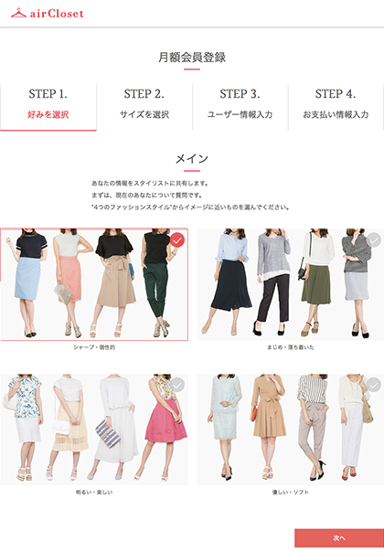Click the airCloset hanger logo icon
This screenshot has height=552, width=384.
[18, 13]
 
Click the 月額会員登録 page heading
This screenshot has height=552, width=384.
[192, 57]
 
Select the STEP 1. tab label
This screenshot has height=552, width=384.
[48, 93]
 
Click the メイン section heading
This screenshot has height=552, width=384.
[192, 159]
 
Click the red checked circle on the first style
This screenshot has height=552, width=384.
[177, 240]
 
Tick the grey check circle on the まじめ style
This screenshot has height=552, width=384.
[373, 240]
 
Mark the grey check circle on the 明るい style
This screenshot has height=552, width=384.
[177, 385]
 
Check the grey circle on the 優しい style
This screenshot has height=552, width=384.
[373, 385]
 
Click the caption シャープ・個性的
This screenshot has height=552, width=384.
[94, 347]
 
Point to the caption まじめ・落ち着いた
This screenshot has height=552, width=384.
[291, 347]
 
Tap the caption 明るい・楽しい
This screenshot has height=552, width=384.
[94, 492]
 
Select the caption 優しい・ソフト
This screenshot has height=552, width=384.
[291, 492]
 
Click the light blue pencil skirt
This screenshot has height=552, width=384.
[27, 279]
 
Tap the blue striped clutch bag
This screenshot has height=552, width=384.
[108, 433]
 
